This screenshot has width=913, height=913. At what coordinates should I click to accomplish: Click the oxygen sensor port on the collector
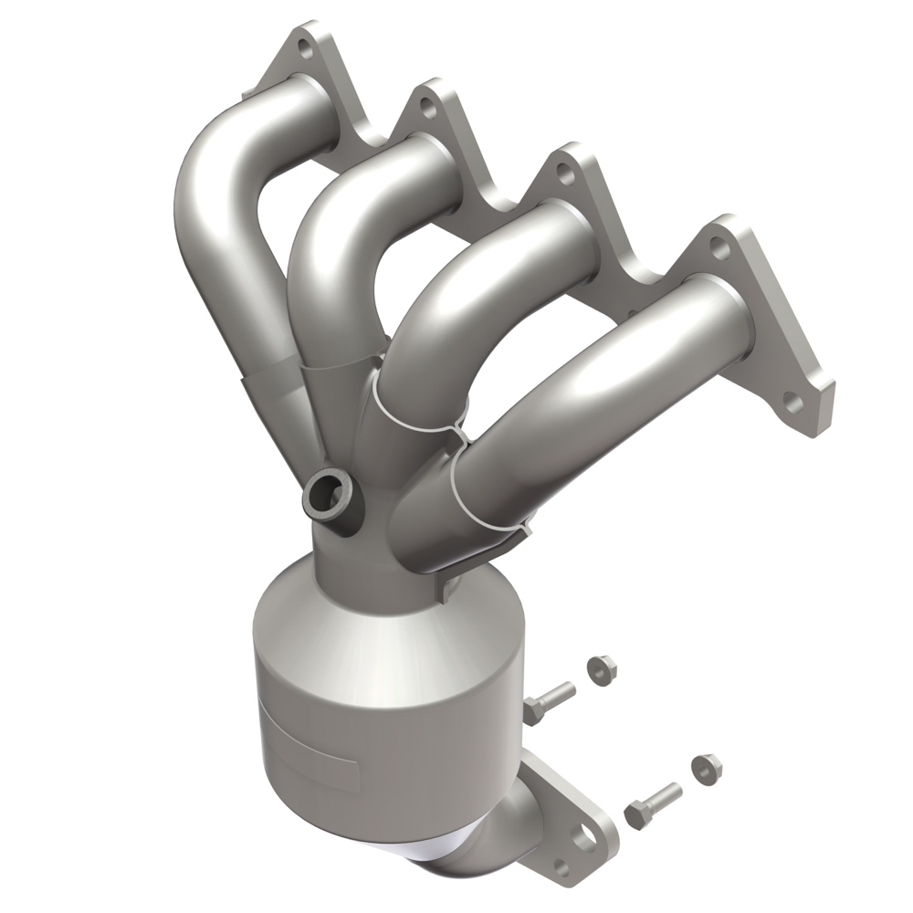(328, 493)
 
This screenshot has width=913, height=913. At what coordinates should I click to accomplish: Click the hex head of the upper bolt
(533, 708)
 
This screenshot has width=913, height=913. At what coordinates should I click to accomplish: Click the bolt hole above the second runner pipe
(425, 108)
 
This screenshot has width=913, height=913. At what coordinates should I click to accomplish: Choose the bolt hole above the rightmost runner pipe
(719, 245)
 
